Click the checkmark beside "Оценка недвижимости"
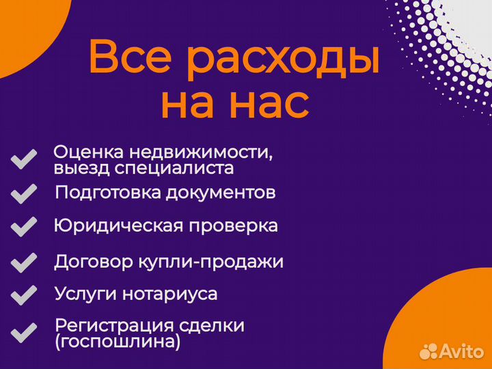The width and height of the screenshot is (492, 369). click(x=24, y=160)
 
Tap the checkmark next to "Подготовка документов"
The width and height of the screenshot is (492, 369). click(x=24, y=193)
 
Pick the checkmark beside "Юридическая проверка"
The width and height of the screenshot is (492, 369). click(x=24, y=226)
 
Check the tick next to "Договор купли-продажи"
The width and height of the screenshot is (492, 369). click(x=24, y=262)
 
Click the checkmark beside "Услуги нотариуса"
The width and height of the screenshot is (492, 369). click(x=24, y=295)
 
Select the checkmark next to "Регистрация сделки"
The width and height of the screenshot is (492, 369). click(x=24, y=333)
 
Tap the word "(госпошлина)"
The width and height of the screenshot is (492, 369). click(x=118, y=342)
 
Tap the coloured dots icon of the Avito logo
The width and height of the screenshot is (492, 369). click(x=428, y=351)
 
